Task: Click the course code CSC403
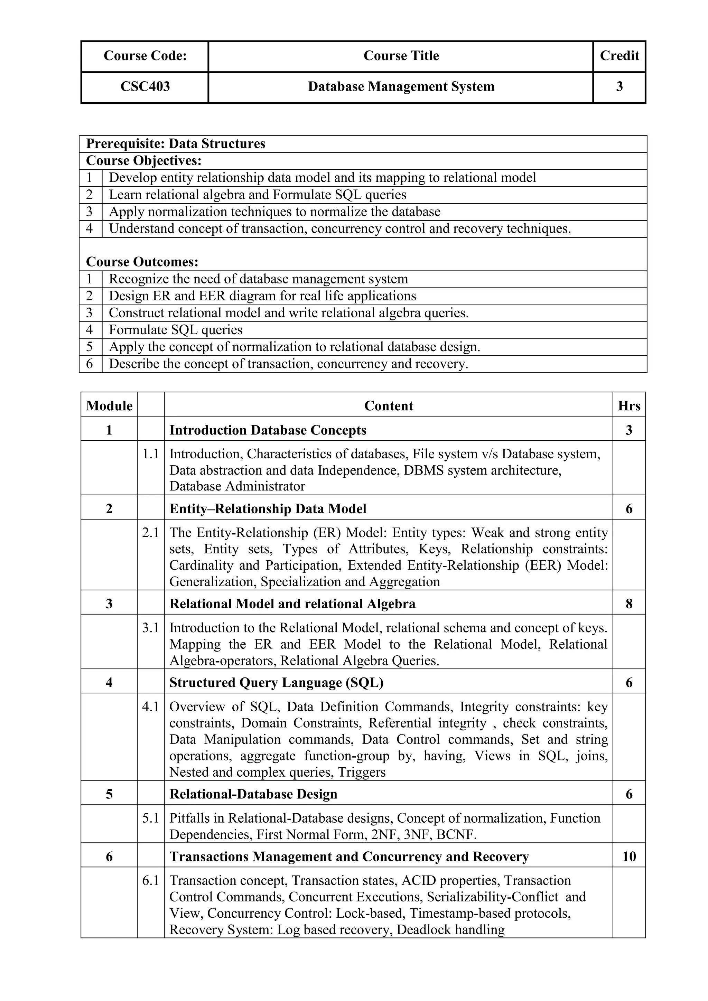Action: pos(145,87)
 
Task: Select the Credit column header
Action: pos(619,56)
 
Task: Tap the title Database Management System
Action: pos(401,87)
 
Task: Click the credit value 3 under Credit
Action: pos(619,87)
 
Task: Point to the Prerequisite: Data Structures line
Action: pos(176,144)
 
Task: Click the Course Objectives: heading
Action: pos(144,161)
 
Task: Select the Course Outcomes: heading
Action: pos(142,262)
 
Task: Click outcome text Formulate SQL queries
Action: pos(175,330)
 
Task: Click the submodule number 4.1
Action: pos(150,707)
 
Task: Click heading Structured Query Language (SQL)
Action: pos(277,683)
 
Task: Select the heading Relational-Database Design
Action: pos(253,794)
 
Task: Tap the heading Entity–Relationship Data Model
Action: pos(268,509)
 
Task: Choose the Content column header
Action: pos(389,406)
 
